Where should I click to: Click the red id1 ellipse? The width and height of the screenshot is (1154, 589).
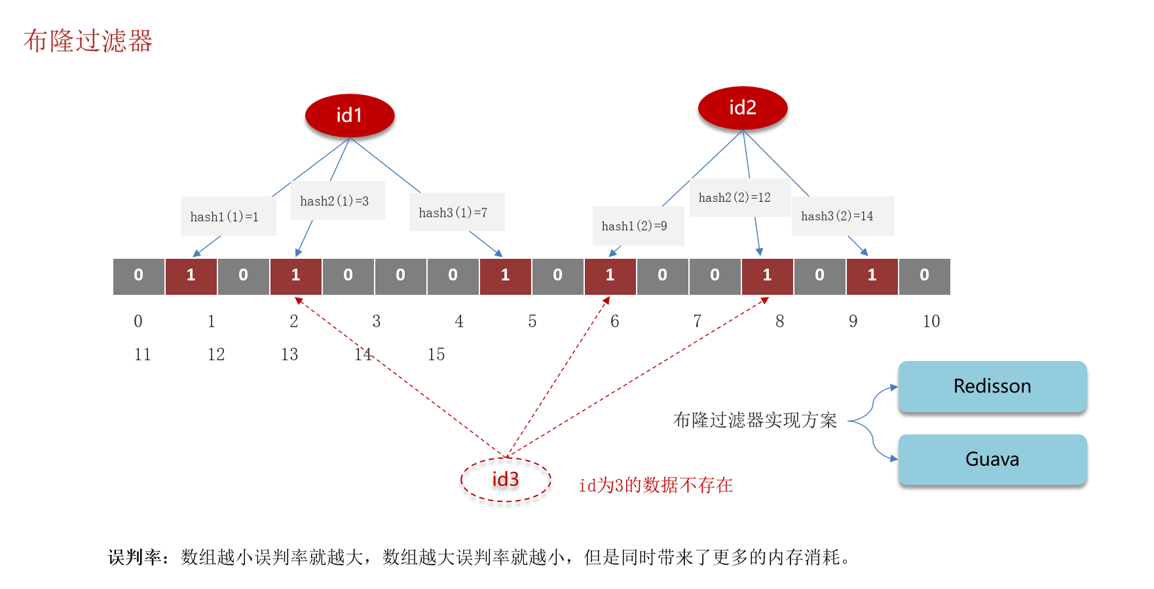click(350, 115)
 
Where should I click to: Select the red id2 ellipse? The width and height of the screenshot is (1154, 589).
click(743, 107)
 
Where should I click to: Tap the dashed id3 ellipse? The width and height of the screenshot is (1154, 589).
click(506, 480)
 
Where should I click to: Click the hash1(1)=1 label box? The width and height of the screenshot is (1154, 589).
click(228, 216)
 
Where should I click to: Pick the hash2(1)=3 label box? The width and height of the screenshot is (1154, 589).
click(337, 200)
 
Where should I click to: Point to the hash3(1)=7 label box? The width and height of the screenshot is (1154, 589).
click(456, 212)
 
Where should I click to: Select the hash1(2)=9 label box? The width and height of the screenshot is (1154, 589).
click(638, 226)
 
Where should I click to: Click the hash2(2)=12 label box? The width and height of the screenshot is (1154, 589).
click(739, 197)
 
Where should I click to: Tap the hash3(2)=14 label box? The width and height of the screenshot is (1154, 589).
click(842, 216)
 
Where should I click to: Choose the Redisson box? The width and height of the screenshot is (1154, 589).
click(992, 387)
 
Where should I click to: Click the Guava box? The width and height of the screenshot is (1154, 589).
click(992, 459)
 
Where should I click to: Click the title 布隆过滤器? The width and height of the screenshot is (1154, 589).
click(88, 41)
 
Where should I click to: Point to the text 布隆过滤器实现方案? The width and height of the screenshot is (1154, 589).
click(755, 420)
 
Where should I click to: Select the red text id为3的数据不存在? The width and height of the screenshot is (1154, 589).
click(656, 485)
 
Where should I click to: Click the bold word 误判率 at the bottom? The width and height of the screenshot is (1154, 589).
click(134, 558)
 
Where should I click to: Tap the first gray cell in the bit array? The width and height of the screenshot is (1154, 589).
click(139, 276)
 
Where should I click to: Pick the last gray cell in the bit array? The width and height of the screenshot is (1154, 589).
click(924, 276)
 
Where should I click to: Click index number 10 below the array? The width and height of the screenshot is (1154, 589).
click(931, 321)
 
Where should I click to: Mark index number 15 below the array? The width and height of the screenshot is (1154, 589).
click(436, 354)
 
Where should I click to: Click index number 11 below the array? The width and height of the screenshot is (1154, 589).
click(143, 354)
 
